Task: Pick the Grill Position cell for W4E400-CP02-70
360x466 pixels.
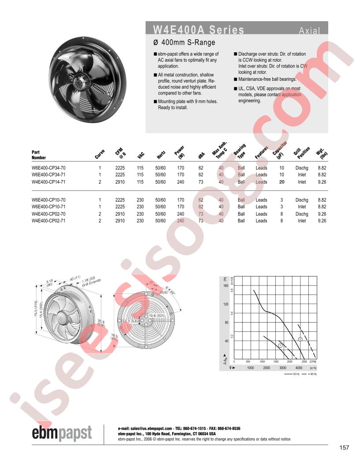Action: pos(302,214)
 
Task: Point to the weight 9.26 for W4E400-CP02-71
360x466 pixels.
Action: pos(322,221)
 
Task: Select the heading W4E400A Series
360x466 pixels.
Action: pos(198,30)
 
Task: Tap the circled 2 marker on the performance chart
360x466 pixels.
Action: pos(300,339)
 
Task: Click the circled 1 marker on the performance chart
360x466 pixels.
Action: pos(280,346)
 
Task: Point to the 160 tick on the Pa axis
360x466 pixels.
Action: pos(226,286)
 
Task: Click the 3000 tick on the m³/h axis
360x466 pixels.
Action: pos(283,368)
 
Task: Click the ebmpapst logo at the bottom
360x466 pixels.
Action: pos(62,433)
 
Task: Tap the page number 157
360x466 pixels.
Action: pos(345,448)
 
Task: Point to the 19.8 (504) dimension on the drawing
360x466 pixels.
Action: pos(145,316)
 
